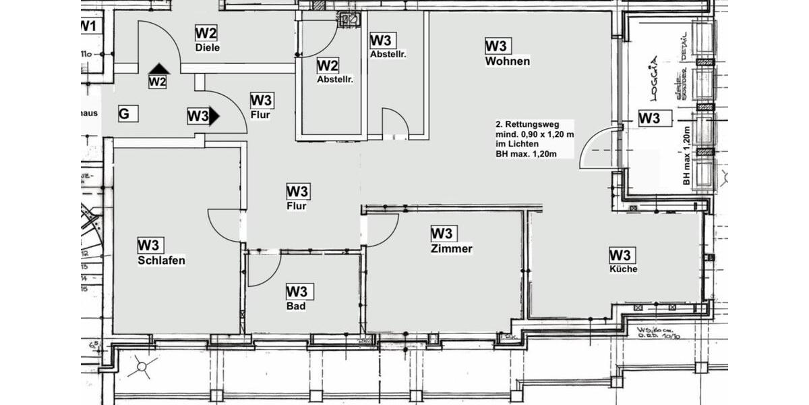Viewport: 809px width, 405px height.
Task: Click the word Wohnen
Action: (x=507, y=61)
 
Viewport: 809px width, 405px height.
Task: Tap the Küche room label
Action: (x=624, y=269)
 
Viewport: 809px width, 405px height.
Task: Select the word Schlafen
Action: (x=161, y=261)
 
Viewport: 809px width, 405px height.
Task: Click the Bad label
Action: (x=296, y=306)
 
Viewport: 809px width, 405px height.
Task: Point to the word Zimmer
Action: (x=451, y=248)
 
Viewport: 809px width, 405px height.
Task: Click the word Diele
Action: (x=208, y=48)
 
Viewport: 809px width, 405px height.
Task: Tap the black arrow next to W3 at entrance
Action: (x=214, y=116)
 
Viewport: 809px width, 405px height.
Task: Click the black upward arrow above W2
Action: (x=159, y=68)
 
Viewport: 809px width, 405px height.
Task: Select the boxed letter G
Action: (x=125, y=114)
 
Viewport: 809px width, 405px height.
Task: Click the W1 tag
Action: (x=88, y=26)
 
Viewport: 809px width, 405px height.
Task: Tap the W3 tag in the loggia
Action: (x=649, y=118)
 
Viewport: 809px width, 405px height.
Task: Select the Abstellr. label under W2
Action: (x=335, y=79)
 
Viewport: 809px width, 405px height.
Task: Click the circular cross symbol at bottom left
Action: (x=142, y=368)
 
